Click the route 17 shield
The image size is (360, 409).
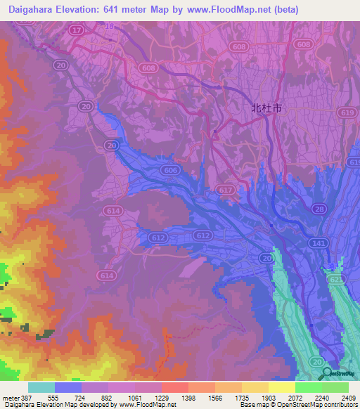coord(76,30)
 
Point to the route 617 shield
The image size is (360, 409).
coord(226,190)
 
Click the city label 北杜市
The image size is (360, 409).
coord(266,109)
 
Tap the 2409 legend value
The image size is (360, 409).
coord(348,397)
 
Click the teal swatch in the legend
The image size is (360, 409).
coord(41,387)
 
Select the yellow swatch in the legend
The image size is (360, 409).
coord(281,387)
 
